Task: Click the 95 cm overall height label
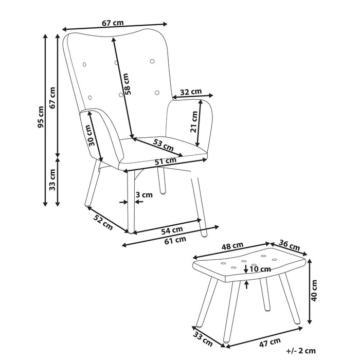pos(41,118)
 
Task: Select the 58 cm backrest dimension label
pos(128,84)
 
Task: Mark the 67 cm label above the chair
pos(113,23)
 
